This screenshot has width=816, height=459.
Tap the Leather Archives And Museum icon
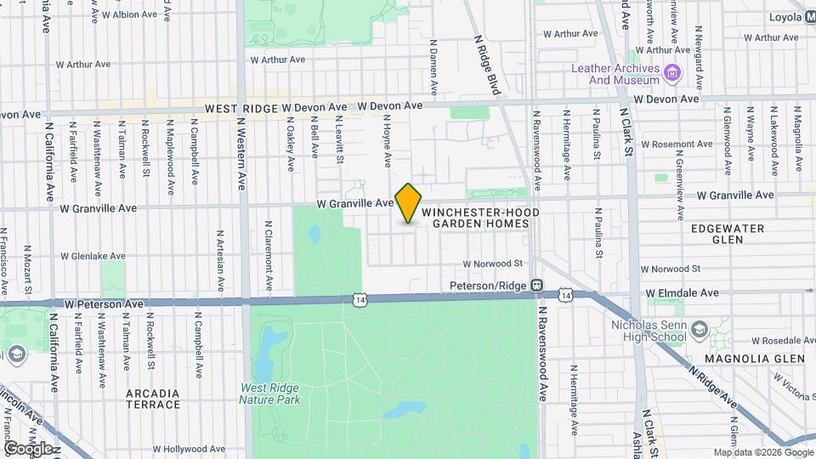coord(673,74)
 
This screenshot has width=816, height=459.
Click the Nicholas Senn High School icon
coord(698,330)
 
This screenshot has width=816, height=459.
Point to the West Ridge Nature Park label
coord(269,394)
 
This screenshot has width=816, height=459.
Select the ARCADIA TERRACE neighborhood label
coord(153,399)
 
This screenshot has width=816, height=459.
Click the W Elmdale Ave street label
coord(682,292)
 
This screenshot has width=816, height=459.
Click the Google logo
coord(28,448)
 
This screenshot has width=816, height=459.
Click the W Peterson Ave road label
coord(104,303)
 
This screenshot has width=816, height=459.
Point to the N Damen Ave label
coord(433,65)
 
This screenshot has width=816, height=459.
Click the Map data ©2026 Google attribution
coord(762,452)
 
